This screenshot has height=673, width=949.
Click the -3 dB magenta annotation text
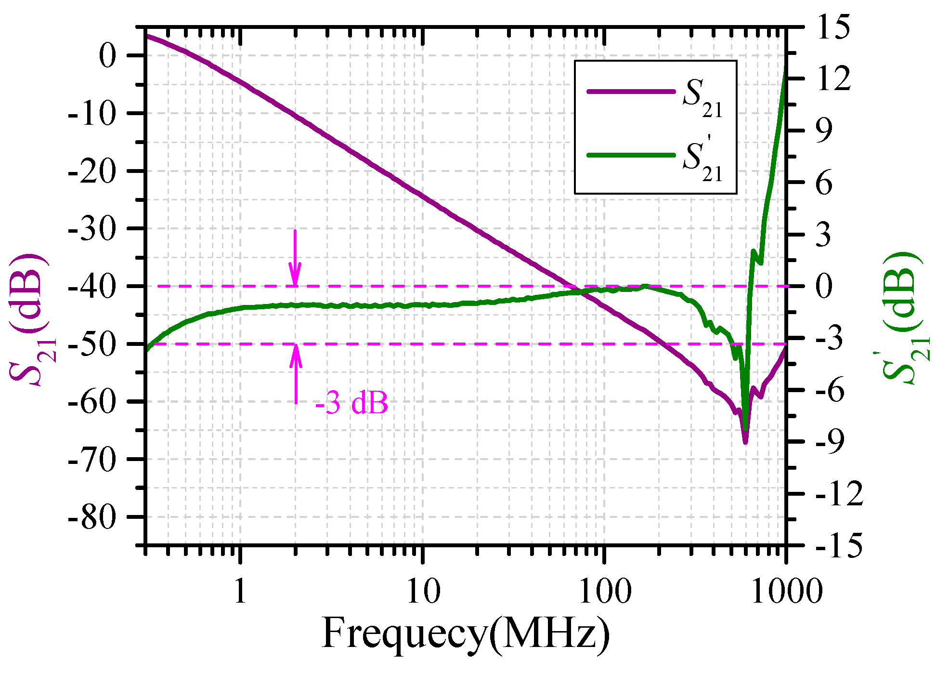[351, 403]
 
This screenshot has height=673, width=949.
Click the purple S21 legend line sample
[631, 92]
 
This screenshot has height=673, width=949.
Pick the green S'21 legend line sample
[631, 155]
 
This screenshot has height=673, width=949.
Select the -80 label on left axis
[92, 518]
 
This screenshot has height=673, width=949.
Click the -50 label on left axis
[92, 344]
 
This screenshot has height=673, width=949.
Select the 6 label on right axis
[824, 183]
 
